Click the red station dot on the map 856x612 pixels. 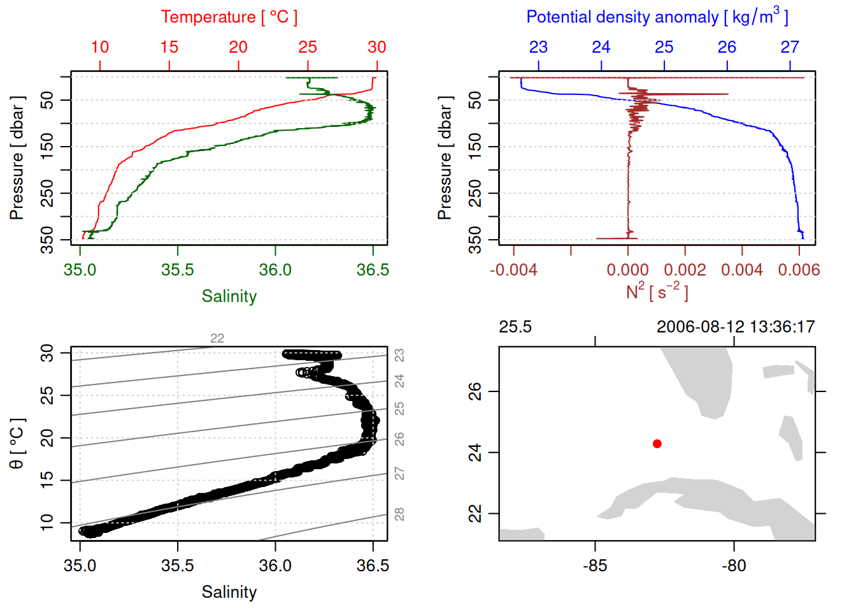[x=657, y=444]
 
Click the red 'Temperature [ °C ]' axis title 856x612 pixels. [x=229, y=17]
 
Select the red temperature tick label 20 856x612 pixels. [x=238, y=47]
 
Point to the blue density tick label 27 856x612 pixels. [x=790, y=47]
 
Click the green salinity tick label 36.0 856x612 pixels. [x=275, y=270]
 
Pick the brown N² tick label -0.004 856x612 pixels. [x=513, y=270]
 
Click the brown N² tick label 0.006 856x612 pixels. [x=799, y=270]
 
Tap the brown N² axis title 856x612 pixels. [x=657, y=291]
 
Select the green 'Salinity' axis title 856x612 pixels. [x=229, y=296]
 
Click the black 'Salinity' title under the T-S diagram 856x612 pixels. [x=229, y=592]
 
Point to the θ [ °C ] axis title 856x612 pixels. [x=17, y=444]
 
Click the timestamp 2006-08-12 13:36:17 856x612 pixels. [x=736, y=327]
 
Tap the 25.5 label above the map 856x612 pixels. [x=515, y=327]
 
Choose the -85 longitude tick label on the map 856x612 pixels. [x=595, y=565]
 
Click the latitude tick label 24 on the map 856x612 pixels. [x=475, y=453]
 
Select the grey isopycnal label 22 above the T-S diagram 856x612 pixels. [x=217, y=339]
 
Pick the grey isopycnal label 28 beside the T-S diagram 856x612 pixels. [x=399, y=514]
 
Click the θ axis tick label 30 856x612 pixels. [x=47, y=353]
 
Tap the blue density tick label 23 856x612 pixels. [x=538, y=47]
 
